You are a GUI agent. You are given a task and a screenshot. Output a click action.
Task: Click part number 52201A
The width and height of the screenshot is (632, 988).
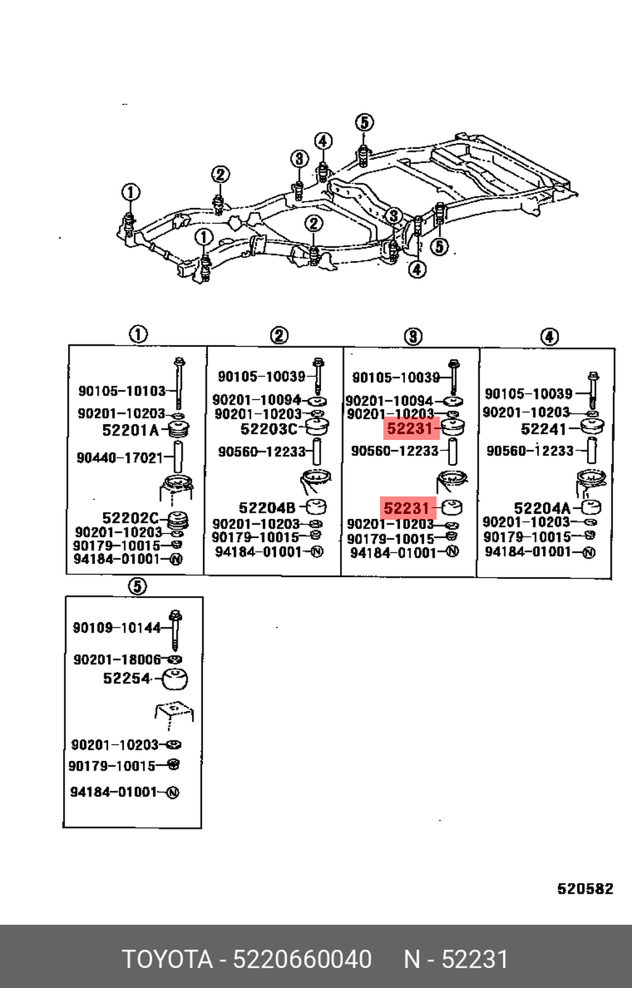[130, 430]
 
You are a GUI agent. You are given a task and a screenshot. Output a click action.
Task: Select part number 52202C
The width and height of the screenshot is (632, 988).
[130, 517]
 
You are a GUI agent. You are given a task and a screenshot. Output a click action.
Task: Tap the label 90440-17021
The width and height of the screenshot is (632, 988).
[120, 458]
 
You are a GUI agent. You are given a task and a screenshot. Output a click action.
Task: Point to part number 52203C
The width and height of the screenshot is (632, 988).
[269, 429]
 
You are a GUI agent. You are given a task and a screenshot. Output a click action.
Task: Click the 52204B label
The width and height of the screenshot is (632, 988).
[267, 508]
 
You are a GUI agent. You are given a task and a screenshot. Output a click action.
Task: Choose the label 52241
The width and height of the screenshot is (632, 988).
[544, 429]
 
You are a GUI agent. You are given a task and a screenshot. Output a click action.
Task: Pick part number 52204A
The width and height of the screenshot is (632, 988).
[542, 509]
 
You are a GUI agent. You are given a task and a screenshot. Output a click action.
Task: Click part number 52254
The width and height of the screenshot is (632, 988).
[127, 678]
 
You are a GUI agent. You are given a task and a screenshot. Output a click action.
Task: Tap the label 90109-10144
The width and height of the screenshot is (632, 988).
[117, 627]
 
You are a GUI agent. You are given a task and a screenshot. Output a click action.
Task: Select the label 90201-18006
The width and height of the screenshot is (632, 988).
[118, 659]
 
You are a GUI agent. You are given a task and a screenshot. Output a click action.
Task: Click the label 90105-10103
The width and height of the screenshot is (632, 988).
[122, 391]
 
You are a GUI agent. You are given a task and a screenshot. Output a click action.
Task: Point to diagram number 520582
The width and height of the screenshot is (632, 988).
[585, 888]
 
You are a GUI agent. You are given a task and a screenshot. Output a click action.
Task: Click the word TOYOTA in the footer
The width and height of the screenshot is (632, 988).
[167, 959]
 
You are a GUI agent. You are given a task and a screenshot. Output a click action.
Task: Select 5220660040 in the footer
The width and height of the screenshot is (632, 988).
[302, 959]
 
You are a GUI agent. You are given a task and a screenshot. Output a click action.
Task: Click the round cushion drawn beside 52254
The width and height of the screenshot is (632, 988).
[175, 680]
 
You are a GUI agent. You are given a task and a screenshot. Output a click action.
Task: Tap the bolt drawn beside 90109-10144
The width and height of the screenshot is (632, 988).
[176, 630]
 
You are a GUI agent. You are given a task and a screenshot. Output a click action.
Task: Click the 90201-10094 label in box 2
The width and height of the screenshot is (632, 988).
[257, 400]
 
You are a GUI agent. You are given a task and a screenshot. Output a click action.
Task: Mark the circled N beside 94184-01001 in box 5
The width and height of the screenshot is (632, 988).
[173, 793]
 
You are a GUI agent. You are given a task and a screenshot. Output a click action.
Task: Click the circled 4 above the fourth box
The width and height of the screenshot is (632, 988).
[549, 338]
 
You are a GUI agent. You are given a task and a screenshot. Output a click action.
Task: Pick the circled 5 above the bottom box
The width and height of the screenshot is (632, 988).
[137, 587]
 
